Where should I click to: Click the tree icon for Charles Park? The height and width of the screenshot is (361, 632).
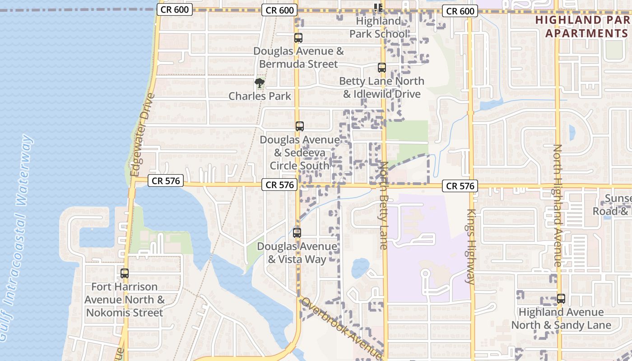pos(259,83)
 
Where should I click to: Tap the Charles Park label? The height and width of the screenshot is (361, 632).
pos(260,96)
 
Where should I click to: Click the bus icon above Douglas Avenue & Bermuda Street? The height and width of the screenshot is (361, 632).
pos(298,38)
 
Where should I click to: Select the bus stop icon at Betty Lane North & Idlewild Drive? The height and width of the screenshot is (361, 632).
pos(382,68)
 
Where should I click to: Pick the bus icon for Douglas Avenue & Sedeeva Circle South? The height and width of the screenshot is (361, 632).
pos(299,126)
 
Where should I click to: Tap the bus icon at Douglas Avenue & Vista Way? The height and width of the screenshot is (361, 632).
pos(297,233)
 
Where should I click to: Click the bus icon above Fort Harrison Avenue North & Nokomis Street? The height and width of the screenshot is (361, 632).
pos(124,273)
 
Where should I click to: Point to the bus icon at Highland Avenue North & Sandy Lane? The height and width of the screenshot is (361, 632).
pos(561,299)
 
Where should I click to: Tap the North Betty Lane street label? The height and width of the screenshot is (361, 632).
pos(384,205)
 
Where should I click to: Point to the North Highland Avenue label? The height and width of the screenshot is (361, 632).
pos(558,205)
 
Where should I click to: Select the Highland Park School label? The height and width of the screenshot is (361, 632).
pos(378,27)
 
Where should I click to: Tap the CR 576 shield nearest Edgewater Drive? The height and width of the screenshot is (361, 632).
pos(166,181)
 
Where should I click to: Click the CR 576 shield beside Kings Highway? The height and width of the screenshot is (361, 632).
pos(460,186)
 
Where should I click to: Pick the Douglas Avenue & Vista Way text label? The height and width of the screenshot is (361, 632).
pos(297,253)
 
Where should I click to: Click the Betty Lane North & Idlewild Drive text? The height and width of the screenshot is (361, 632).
pos(381,88)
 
